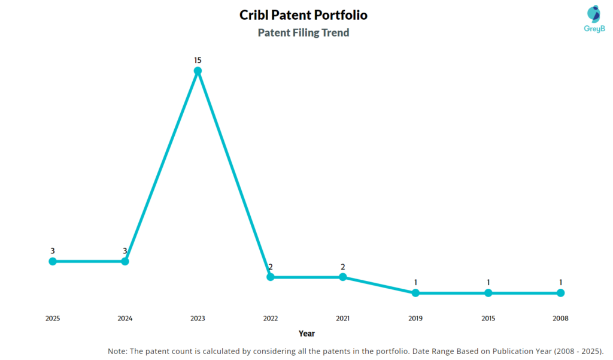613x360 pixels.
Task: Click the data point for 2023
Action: [198, 71]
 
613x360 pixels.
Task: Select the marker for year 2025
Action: [53, 261]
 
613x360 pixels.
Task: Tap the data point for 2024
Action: [125, 261]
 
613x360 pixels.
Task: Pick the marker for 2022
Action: [271, 277]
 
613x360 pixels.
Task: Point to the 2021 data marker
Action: [343, 277]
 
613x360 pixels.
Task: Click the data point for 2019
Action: [415, 293]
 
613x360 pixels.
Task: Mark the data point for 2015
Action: [488, 293]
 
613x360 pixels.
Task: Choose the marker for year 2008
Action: [560, 293]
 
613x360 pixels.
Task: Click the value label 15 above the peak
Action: [198, 60]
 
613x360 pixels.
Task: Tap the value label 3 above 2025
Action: [53, 250]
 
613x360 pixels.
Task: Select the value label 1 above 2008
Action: [560, 282]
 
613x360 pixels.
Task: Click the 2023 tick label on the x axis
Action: [198, 319]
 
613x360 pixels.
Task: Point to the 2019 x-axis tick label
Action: [415, 319]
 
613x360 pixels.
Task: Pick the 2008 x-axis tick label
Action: [560, 319]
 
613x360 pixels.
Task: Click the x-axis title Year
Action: [306, 334]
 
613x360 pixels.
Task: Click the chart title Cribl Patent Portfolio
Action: [304, 15]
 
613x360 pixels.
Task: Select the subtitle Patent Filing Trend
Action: [304, 33]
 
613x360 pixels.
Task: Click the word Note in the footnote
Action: [117, 351]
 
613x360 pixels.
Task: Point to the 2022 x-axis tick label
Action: [271, 319]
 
